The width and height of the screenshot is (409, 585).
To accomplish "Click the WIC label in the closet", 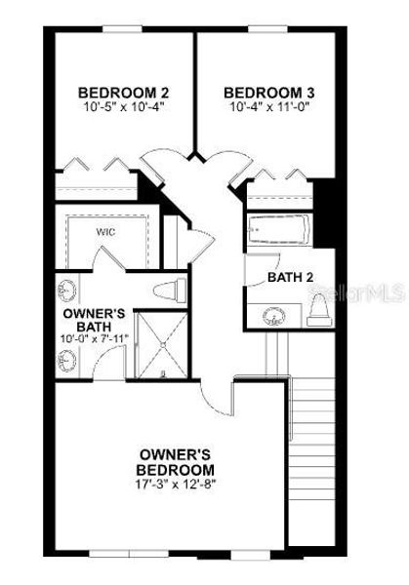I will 105,233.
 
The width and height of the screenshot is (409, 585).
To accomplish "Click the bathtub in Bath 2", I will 279,231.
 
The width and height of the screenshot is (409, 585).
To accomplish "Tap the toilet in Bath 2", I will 318,311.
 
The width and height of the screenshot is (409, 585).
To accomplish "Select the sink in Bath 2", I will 272,315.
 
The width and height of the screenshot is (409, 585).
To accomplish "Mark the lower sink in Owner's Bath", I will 66,360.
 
